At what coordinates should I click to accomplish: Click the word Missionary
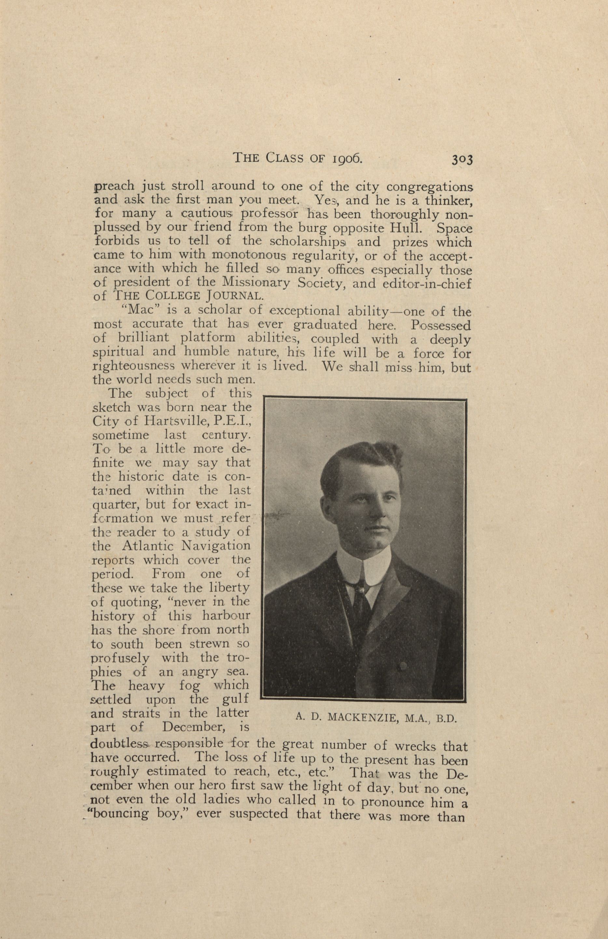point(256,283)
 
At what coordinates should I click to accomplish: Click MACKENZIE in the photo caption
point(362,717)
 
